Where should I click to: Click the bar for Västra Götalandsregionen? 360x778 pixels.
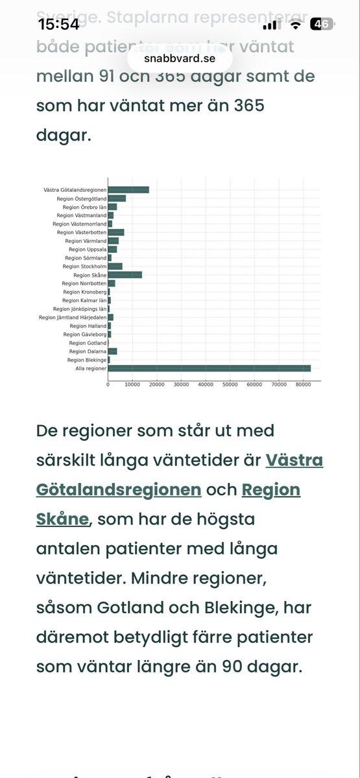click(x=128, y=189)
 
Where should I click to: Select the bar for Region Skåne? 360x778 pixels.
click(x=125, y=275)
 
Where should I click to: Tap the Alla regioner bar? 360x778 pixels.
click(x=209, y=368)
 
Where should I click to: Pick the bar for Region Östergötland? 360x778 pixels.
click(x=117, y=198)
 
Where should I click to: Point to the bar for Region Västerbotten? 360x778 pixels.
click(x=115, y=232)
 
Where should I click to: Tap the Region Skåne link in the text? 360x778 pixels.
click(x=270, y=489)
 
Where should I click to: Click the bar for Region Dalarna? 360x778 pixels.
click(x=112, y=351)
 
